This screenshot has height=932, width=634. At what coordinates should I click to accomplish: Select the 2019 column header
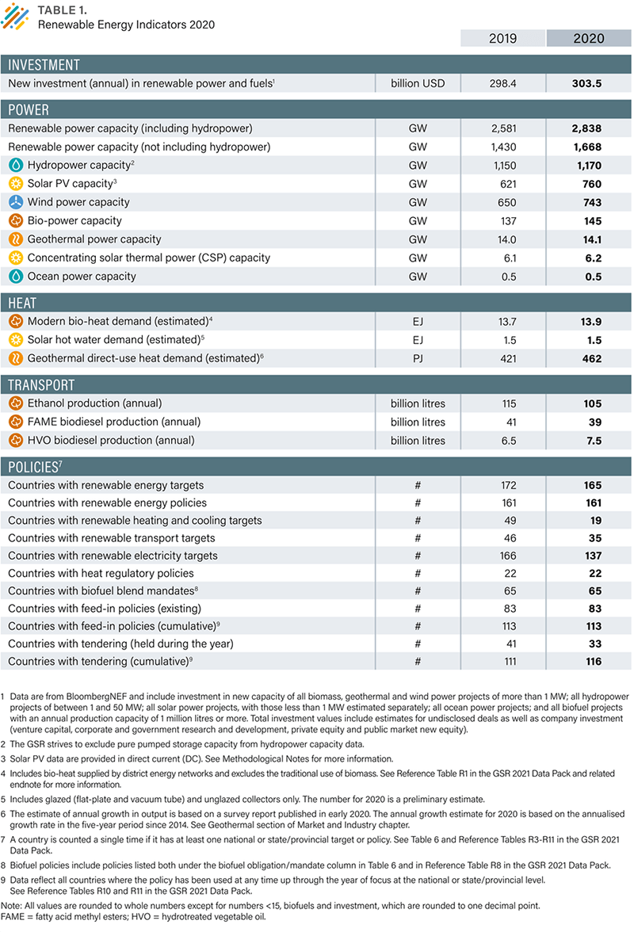pos(502,38)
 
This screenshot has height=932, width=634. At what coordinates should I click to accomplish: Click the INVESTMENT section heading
pos(44,65)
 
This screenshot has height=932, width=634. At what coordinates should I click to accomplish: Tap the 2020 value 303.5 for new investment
pos(586,83)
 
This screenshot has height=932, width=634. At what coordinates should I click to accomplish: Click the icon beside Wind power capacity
pos(15,202)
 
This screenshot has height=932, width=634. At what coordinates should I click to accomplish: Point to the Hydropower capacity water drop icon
pos(15,166)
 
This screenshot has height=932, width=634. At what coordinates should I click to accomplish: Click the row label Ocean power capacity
pos(82,277)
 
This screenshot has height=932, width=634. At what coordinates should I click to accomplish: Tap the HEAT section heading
pos(23,303)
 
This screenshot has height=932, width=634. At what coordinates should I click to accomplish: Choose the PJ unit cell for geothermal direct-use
pos(418,358)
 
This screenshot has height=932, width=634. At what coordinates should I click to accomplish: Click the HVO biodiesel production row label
pos(110,440)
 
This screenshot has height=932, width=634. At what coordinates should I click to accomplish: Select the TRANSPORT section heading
pos(41,385)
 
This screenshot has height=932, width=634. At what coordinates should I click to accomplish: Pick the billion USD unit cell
pos(418,83)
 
